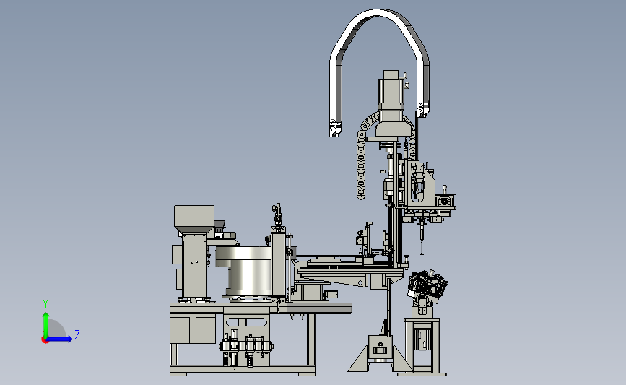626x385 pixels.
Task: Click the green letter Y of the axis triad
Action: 45,304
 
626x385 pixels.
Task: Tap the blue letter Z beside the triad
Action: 77,334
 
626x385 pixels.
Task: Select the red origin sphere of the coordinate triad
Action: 45,339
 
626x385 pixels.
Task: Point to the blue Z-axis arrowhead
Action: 69,339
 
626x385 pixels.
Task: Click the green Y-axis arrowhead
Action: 46,316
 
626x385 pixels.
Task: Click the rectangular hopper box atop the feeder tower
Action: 194,216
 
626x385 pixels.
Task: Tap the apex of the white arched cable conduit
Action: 378,12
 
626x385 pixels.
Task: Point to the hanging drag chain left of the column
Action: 361,165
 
